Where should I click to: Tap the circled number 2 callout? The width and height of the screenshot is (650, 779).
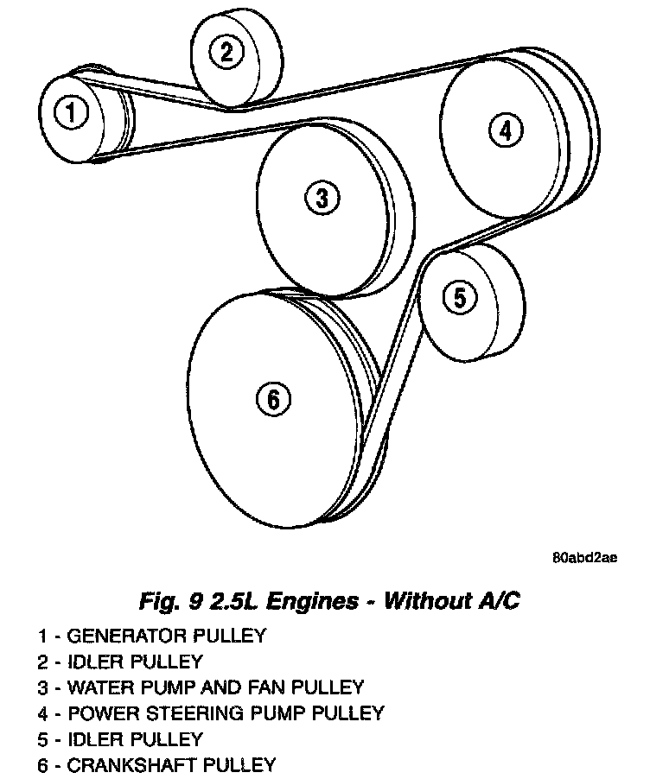(226, 52)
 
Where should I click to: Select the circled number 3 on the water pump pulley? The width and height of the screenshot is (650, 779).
(322, 199)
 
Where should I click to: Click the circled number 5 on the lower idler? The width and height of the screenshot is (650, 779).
(459, 297)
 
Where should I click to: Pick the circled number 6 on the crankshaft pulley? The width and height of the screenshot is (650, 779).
(272, 398)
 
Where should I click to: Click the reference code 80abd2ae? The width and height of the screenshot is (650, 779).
(584, 558)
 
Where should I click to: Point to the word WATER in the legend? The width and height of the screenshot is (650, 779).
(96, 687)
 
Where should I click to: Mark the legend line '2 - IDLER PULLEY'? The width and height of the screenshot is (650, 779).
(120, 662)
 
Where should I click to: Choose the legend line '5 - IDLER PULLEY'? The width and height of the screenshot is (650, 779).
(120, 739)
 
